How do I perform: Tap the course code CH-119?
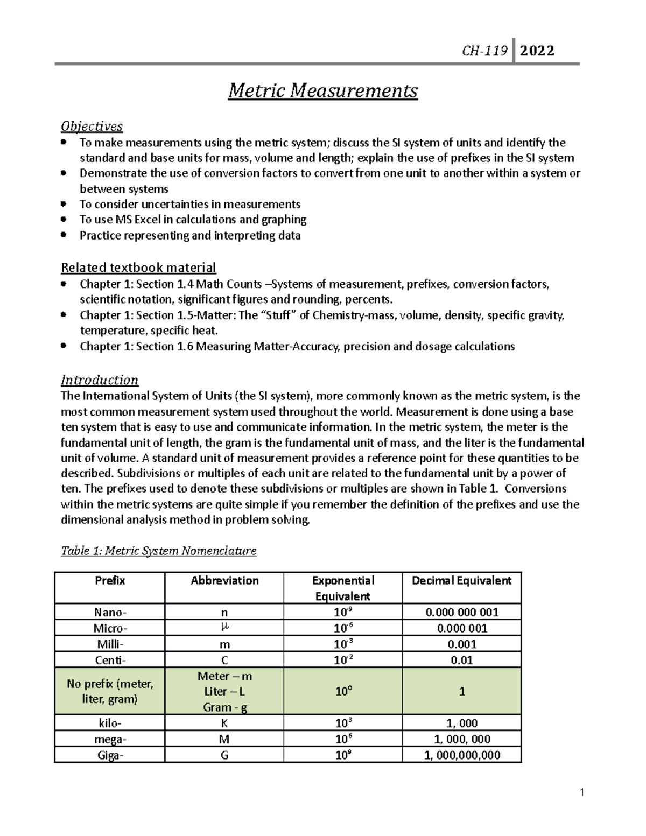[x=484, y=51]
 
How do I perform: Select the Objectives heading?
[x=92, y=126]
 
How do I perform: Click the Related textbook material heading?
[x=138, y=268]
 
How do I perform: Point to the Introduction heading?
[x=99, y=380]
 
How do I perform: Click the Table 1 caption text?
[x=159, y=551]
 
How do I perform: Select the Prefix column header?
[x=110, y=580]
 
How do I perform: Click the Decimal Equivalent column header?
[x=461, y=580]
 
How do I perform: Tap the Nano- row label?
[x=110, y=612]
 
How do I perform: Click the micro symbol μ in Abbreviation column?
[x=224, y=628]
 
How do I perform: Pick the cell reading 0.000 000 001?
[x=461, y=612]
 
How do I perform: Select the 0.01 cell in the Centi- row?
[x=461, y=660]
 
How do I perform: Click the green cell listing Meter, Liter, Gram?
[x=224, y=692]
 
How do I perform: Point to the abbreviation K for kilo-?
[x=224, y=723]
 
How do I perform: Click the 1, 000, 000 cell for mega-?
[x=461, y=739]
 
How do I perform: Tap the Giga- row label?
[x=110, y=755]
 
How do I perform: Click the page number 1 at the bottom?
[x=582, y=792]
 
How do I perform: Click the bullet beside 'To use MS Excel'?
[x=64, y=220]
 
